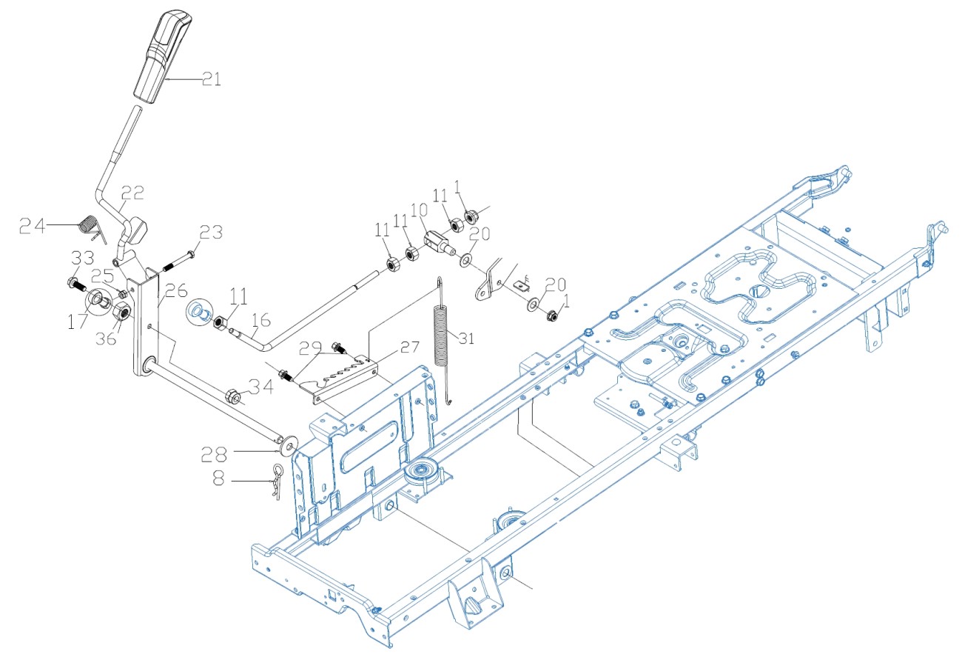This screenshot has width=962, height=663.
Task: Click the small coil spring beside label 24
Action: pyautogui.click(x=88, y=223)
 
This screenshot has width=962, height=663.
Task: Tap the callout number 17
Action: pyautogui.click(x=78, y=324)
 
